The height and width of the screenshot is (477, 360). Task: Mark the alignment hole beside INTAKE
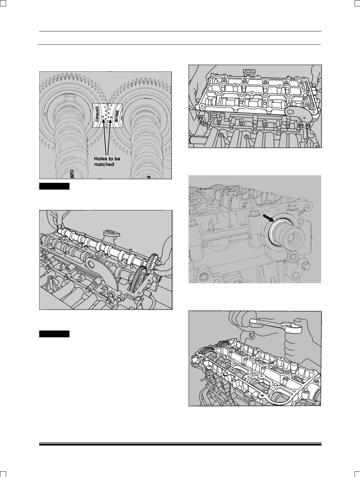(111, 118)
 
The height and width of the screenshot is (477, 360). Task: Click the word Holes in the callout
(100, 159)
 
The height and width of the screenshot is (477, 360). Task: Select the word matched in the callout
(104, 164)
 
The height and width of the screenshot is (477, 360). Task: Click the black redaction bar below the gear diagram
(54, 186)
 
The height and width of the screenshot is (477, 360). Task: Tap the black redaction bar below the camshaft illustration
(54, 334)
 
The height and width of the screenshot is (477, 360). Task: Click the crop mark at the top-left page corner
(3, 3)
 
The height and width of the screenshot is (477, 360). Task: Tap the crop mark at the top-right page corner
(357, 3)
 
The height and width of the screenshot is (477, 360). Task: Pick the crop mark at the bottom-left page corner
(3, 474)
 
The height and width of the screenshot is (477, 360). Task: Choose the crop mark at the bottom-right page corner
(357, 474)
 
